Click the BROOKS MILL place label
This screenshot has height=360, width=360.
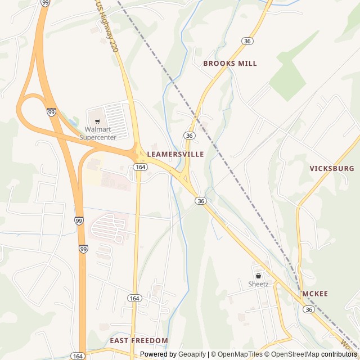[229, 64]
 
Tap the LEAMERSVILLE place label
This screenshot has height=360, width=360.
[175, 154]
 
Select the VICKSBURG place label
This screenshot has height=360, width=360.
[332, 168]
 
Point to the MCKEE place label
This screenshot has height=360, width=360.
[315, 294]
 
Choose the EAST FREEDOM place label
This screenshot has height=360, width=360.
[138, 340]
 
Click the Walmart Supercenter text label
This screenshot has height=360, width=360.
[97, 133]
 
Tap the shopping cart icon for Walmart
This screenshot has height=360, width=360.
[97, 121]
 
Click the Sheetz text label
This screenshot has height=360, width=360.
[258, 284]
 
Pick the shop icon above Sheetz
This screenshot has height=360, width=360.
[258, 276]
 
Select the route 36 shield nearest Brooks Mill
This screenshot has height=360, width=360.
[247, 41]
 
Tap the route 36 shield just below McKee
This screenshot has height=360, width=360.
[308, 309]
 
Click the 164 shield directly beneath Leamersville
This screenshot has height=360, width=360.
[141, 167]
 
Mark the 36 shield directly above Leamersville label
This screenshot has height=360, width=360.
[189, 136]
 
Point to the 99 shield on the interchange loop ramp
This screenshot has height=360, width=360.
[51, 112]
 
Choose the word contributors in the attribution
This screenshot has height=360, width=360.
[339, 354]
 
